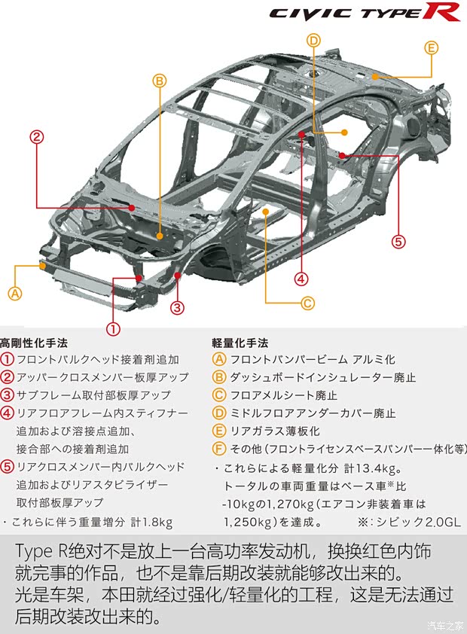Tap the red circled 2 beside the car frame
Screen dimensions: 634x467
[36, 137]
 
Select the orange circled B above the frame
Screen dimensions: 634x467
[159, 81]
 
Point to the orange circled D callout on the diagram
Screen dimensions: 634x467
[314, 41]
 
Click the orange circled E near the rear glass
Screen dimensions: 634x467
[431, 48]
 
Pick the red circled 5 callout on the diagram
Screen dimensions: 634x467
[398, 242]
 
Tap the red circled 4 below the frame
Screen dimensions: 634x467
[301, 279]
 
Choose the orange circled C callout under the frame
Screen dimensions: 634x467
[307, 303]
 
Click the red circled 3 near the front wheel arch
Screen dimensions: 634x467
[177, 307]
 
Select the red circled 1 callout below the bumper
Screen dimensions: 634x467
[113, 328]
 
